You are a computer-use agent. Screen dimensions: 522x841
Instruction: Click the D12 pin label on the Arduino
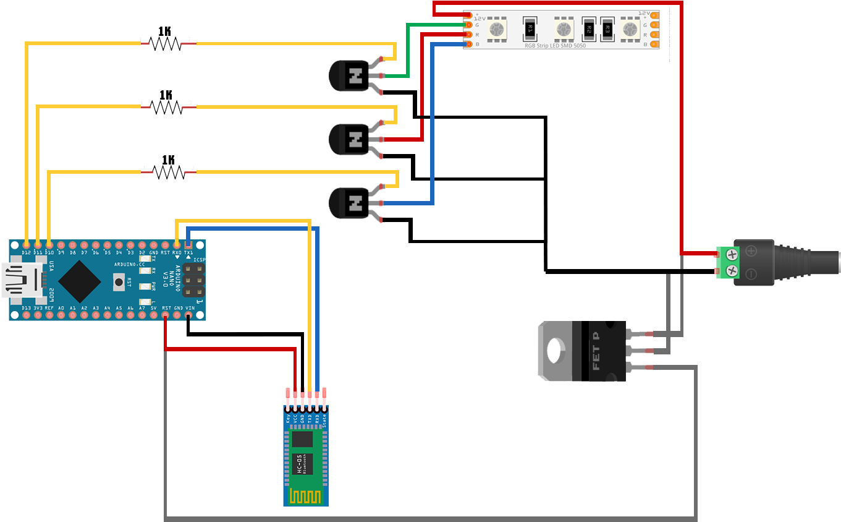point(26,252)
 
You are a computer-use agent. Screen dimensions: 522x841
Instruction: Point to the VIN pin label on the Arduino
point(189,308)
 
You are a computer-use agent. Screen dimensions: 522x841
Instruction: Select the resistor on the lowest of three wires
point(169,172)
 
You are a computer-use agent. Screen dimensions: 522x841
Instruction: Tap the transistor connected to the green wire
point(351,76)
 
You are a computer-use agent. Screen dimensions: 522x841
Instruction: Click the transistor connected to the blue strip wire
point(351,203)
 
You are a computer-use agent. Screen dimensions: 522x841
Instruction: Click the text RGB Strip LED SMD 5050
point(555,46)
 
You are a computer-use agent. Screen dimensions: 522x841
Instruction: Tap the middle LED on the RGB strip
point(562,28)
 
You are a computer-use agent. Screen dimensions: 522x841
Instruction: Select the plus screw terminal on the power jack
point(732,254)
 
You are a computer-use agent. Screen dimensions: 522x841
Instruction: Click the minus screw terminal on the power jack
point(732,270)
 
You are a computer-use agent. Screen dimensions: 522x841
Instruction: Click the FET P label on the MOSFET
point(596,351)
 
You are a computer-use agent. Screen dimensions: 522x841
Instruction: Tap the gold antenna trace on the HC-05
point(306,497)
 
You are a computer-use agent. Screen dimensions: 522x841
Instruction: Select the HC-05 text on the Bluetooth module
point(300,464)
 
